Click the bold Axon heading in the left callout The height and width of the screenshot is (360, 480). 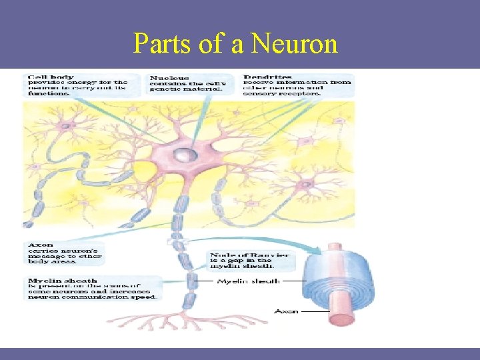click(40, 245)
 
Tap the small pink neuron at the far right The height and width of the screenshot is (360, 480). click(306, 183)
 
